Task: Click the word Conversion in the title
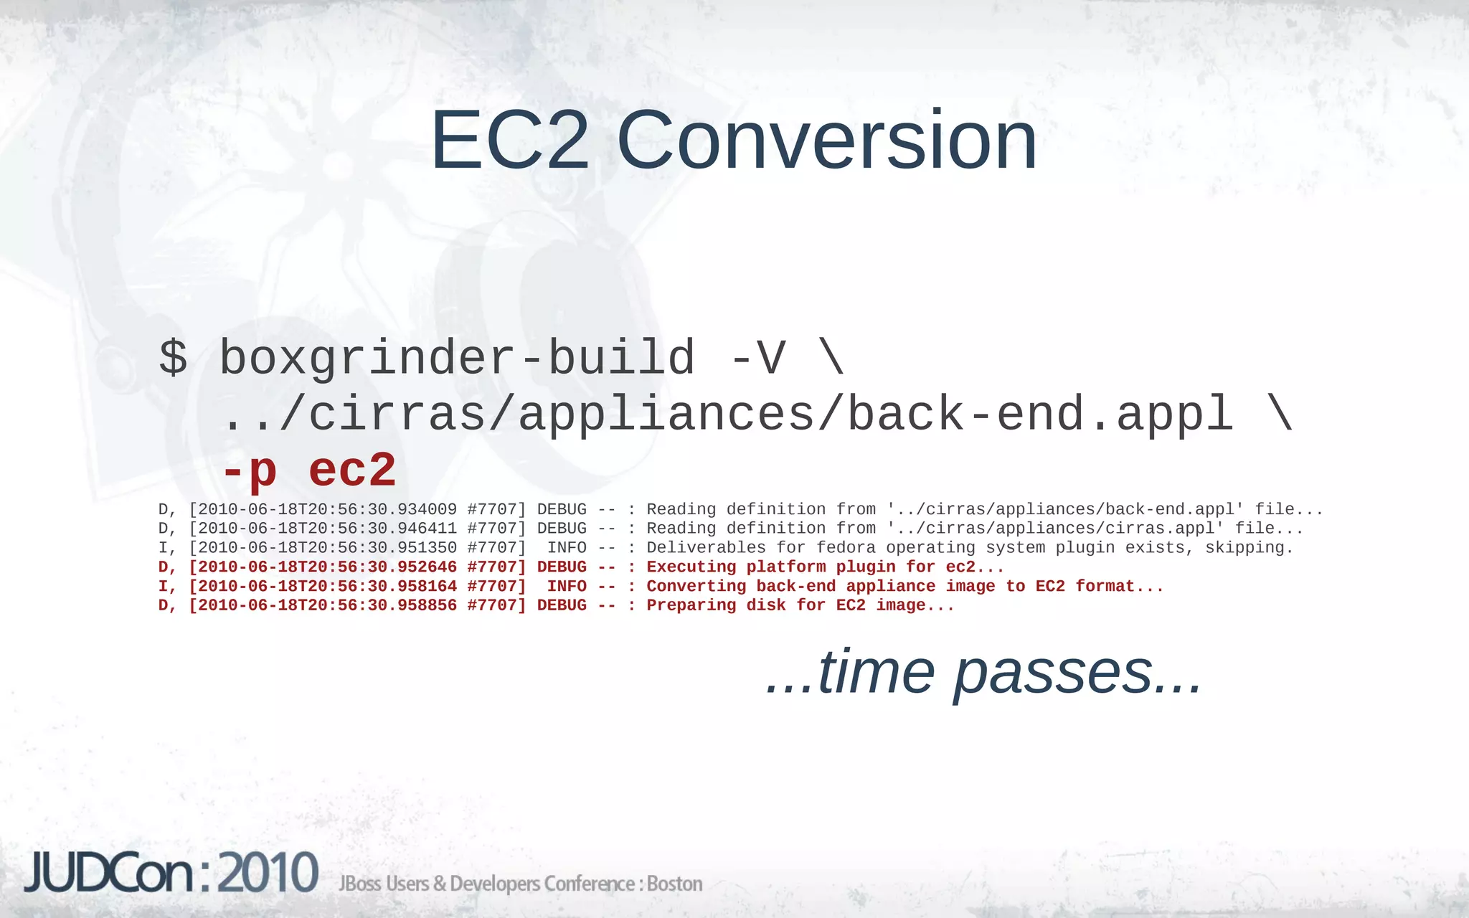point(826,141)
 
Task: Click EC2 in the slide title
point(509,141)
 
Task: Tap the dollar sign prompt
point(173,357)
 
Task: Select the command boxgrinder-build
point(457,357)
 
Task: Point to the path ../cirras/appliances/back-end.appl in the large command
point(727,415)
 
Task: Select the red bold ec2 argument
point(352,470)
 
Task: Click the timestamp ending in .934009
point(327,509)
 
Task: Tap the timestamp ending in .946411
point(327,529)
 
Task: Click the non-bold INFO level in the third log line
point(567,548)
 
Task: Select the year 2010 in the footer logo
point(268,873)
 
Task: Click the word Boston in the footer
point(674,884)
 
